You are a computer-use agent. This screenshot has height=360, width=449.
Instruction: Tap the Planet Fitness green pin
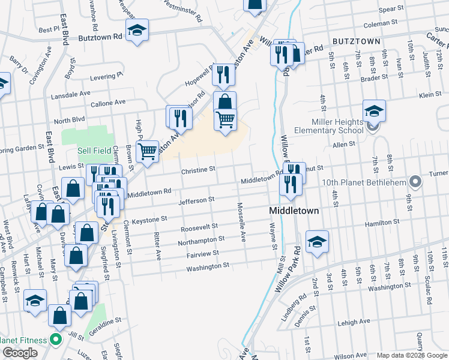coord(56,341)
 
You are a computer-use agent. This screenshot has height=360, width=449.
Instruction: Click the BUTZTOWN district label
coord(356,41)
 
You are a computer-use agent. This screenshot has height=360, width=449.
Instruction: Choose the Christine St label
coord(198,170)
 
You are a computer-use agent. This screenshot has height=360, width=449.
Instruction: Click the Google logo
coord(19,353)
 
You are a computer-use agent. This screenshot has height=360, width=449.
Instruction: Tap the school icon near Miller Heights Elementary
coord(373,111)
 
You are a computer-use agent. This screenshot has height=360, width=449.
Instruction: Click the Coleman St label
coord(376,24)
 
